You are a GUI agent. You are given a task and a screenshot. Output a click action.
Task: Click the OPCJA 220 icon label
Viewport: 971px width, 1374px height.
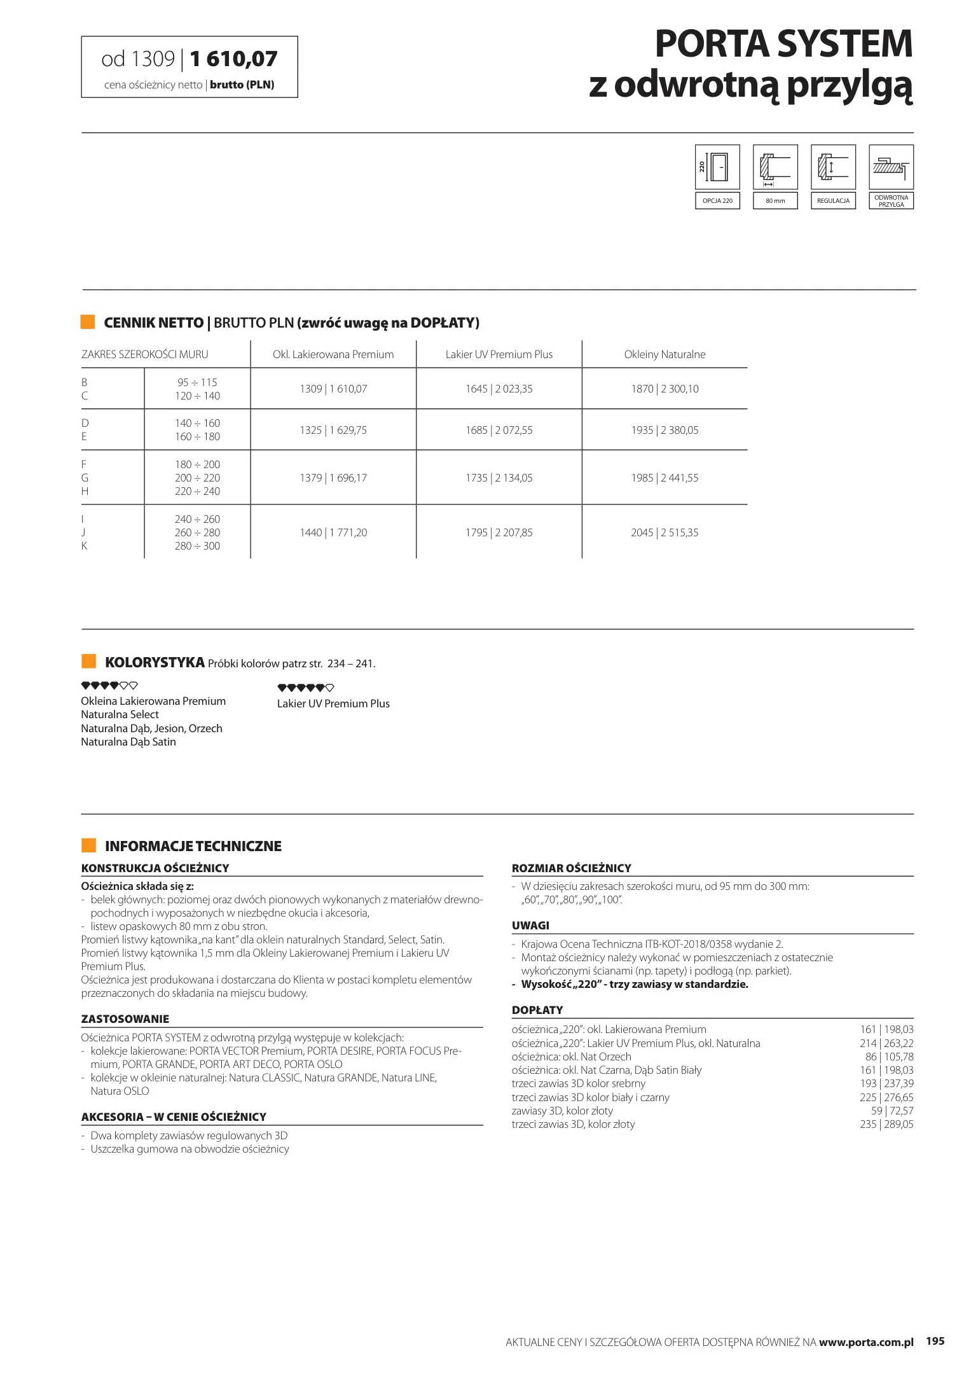point(717,201)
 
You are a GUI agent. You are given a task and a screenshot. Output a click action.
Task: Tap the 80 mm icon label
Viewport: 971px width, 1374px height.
point(775,201)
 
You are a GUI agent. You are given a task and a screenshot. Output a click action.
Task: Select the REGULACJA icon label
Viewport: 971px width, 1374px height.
point(833,201)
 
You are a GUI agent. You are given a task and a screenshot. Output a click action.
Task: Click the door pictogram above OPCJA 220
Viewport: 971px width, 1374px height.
point(717,167)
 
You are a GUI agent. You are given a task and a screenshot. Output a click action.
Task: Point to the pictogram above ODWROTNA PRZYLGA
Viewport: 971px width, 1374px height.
point(891,167)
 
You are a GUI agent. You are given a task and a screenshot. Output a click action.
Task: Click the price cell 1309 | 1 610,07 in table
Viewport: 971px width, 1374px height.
point(333,389)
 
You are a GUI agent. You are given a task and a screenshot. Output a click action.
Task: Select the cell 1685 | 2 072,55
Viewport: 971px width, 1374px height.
point(499,430)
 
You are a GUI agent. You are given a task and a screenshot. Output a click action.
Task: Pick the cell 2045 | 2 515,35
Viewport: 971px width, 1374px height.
point(665,532)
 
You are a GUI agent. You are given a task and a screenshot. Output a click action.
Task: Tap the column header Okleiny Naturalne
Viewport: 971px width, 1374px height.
point(665,354)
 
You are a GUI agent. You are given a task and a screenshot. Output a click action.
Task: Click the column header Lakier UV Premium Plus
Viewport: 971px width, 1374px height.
point(499,354)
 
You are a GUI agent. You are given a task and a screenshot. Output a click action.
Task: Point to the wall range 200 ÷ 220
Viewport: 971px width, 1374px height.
point(197,478)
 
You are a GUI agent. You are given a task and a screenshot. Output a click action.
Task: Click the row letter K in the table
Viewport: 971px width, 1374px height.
point(84,546)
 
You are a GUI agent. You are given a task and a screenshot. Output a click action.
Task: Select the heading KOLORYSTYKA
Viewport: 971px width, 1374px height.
point(155,662)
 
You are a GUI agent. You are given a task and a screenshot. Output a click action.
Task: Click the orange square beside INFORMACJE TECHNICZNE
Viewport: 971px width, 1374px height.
point(88,845)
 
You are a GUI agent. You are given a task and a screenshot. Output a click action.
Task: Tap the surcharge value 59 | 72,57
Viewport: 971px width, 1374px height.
point(892,1111)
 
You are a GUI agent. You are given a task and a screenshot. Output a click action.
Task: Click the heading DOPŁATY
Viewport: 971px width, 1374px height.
point(537,1010)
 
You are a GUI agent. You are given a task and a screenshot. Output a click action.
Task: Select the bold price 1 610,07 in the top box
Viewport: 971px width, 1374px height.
point(233,59)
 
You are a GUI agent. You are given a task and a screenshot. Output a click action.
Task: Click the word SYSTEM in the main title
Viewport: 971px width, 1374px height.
point(844,45)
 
